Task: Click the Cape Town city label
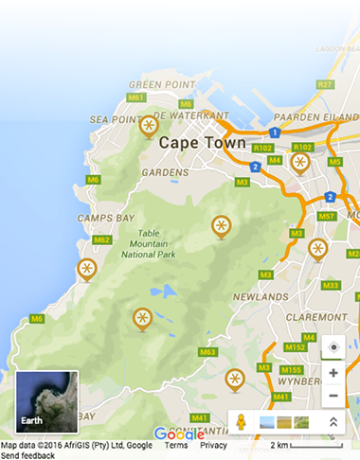coord(202,142)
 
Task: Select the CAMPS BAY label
coord(105,218)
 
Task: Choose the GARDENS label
coord(159,173)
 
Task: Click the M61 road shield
coord(135,97)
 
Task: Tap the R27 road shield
coord(326,84)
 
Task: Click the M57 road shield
coord(327,216)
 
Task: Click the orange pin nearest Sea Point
coord(148,125)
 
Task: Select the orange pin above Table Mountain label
coord(220,226)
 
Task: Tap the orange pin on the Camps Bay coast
coord(85,271)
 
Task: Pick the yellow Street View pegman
coord(242,421)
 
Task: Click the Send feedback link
coord(27,455)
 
